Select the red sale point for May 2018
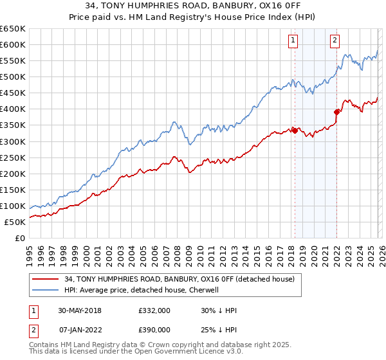(295, 130)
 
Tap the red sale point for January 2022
(336, 112)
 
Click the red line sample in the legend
(46, 279)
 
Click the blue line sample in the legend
(46, 290)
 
